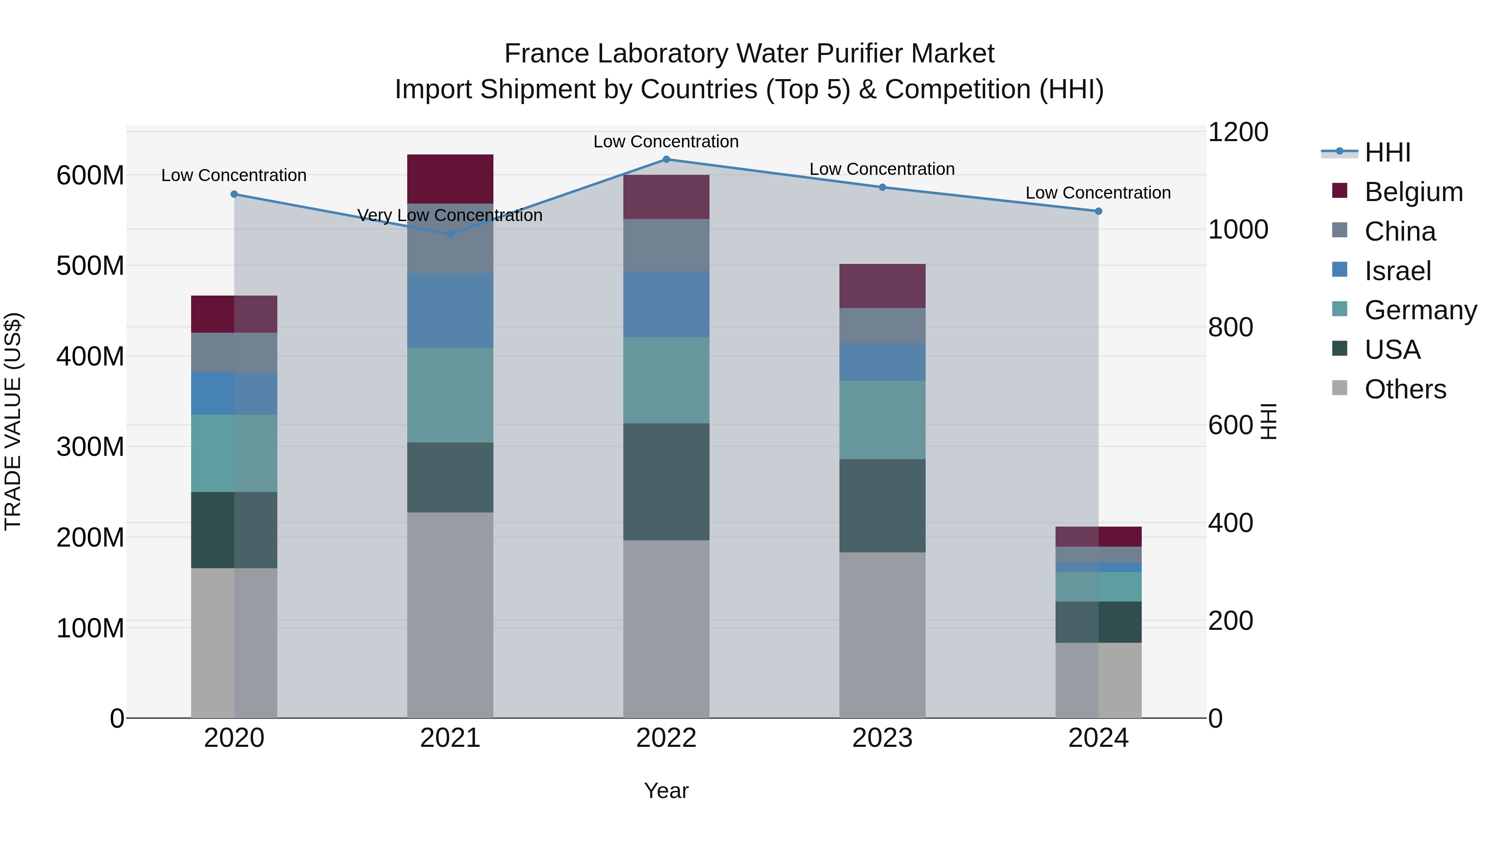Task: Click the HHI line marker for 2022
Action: click(x=666, y=159)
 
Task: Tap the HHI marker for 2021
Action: click(x=450, y=234)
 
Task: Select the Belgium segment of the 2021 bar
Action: click(x=450, y=179)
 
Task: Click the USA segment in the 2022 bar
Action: click(x=666, y=482)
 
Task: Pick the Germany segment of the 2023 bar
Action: click(x=882, y=420)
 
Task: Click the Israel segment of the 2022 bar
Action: click(x=666, y=304)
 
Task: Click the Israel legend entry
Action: click(x=1397, y=271)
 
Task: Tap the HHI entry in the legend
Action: click(x=1387, y=152)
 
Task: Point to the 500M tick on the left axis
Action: click(x=90, y=266)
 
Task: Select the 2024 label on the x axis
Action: click(x=1098, y=738)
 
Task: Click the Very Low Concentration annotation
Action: click(x=450, y=215)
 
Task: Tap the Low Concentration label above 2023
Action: click(x=882, y=169)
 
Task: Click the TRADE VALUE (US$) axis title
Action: click(x=13, y=421)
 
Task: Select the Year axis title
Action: click(x=666, y=791)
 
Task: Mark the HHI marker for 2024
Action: click(x=1098, y=211)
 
